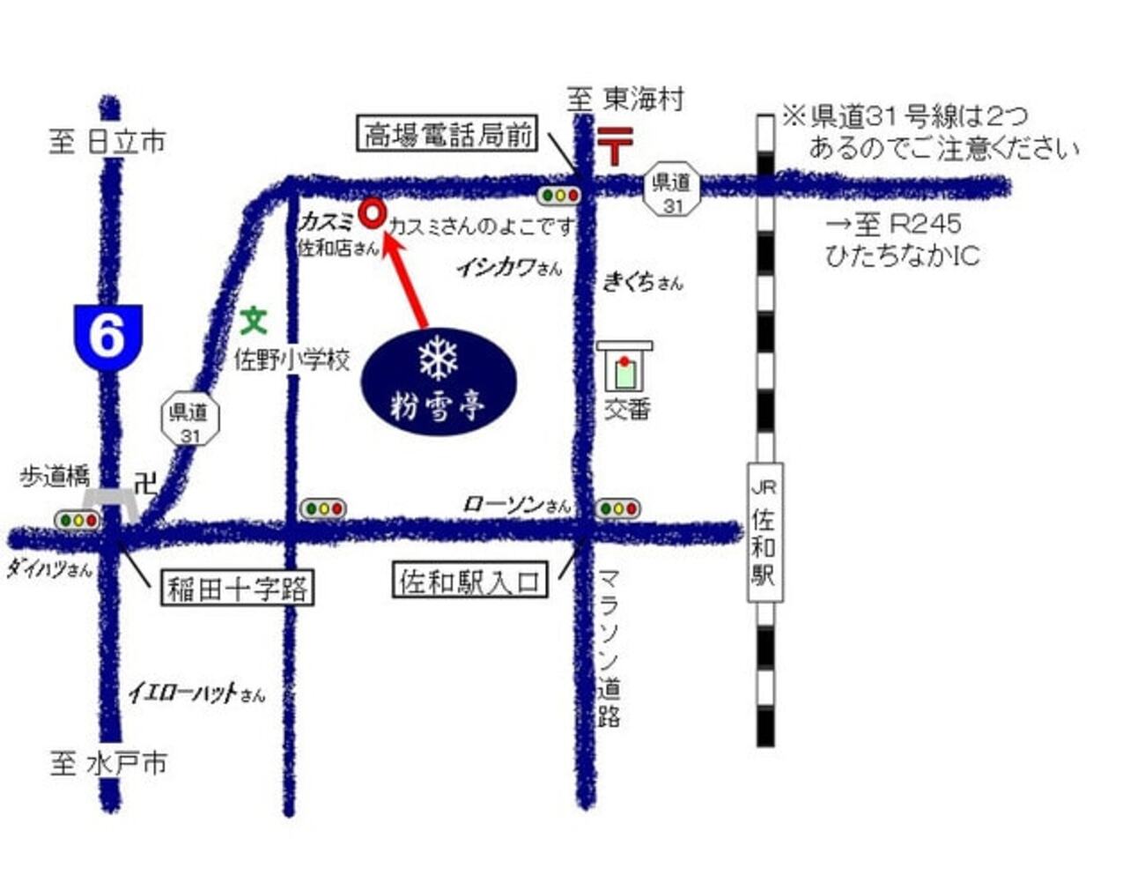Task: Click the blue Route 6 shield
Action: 107,335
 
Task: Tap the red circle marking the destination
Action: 372,212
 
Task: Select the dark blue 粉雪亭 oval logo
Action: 438,380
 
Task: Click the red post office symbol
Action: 615,145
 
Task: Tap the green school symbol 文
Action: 254,320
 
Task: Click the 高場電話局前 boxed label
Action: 448,135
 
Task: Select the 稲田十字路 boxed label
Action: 237,588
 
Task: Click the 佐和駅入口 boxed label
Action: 469,582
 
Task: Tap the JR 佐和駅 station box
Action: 764,532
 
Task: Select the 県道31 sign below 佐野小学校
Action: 189,420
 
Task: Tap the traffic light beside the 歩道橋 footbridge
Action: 78,520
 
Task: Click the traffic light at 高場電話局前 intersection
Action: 558,195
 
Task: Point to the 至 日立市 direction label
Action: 107,141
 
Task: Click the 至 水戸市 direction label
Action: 108,763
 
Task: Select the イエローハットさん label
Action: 196,693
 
